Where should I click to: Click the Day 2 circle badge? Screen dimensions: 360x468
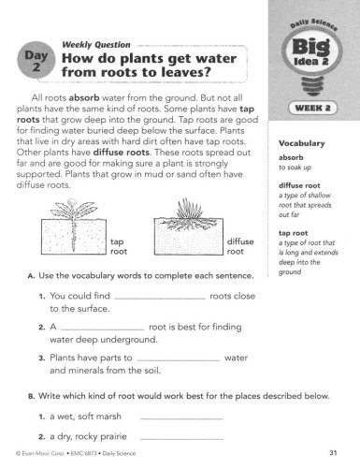click(x=36, y=60)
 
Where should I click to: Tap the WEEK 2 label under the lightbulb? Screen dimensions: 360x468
click(x=312, y=109)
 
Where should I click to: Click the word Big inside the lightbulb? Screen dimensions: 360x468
click(x=311, y=47)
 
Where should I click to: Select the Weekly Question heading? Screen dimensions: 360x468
click(x=96, y=45)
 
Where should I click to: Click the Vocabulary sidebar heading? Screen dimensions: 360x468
click(x=302, y=143)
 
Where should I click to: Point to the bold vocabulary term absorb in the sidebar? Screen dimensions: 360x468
click(x=291, y=157)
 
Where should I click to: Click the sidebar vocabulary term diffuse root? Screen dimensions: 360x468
click(x=299, y=185)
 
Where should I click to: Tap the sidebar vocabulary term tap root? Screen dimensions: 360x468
click(x=293, y=233)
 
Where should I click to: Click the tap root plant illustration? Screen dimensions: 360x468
click(x=74, y=227)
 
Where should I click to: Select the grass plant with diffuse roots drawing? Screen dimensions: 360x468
click(x=189, y=227)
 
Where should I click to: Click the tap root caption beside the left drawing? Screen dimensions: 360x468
click(x=119, y=246)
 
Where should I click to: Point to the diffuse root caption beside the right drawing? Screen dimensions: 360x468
click(x=240, y=246)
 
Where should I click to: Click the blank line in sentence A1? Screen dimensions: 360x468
click(x=160, y=300)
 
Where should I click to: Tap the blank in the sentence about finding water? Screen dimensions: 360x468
click(x=103, y=329)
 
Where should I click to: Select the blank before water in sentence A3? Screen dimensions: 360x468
click(x=179, y=360)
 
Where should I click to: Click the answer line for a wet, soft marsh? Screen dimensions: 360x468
click(x=182, y=419)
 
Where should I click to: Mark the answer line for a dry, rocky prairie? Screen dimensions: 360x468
click(x=182, y=439)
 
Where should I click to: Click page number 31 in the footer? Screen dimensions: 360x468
click(x=333, y=453)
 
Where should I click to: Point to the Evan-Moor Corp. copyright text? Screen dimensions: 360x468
click(x=40, y=453)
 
